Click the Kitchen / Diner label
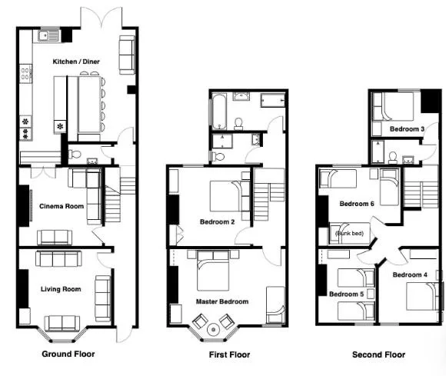tap(76, 61)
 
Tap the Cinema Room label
tap(62, 206)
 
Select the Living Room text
tap(61, 289)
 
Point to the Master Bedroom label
tap(222, 301)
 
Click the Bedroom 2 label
tap(218, 221)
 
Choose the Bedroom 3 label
tap(407, 128)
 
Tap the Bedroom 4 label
tap(411, 275)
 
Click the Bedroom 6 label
tap(357, 204)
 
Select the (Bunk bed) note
tap(348, 233)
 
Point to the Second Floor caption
tap(378, 354)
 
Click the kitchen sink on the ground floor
tap(49, 34)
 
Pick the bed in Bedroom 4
tap(421, 297)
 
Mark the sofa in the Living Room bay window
tap(62, 322)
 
